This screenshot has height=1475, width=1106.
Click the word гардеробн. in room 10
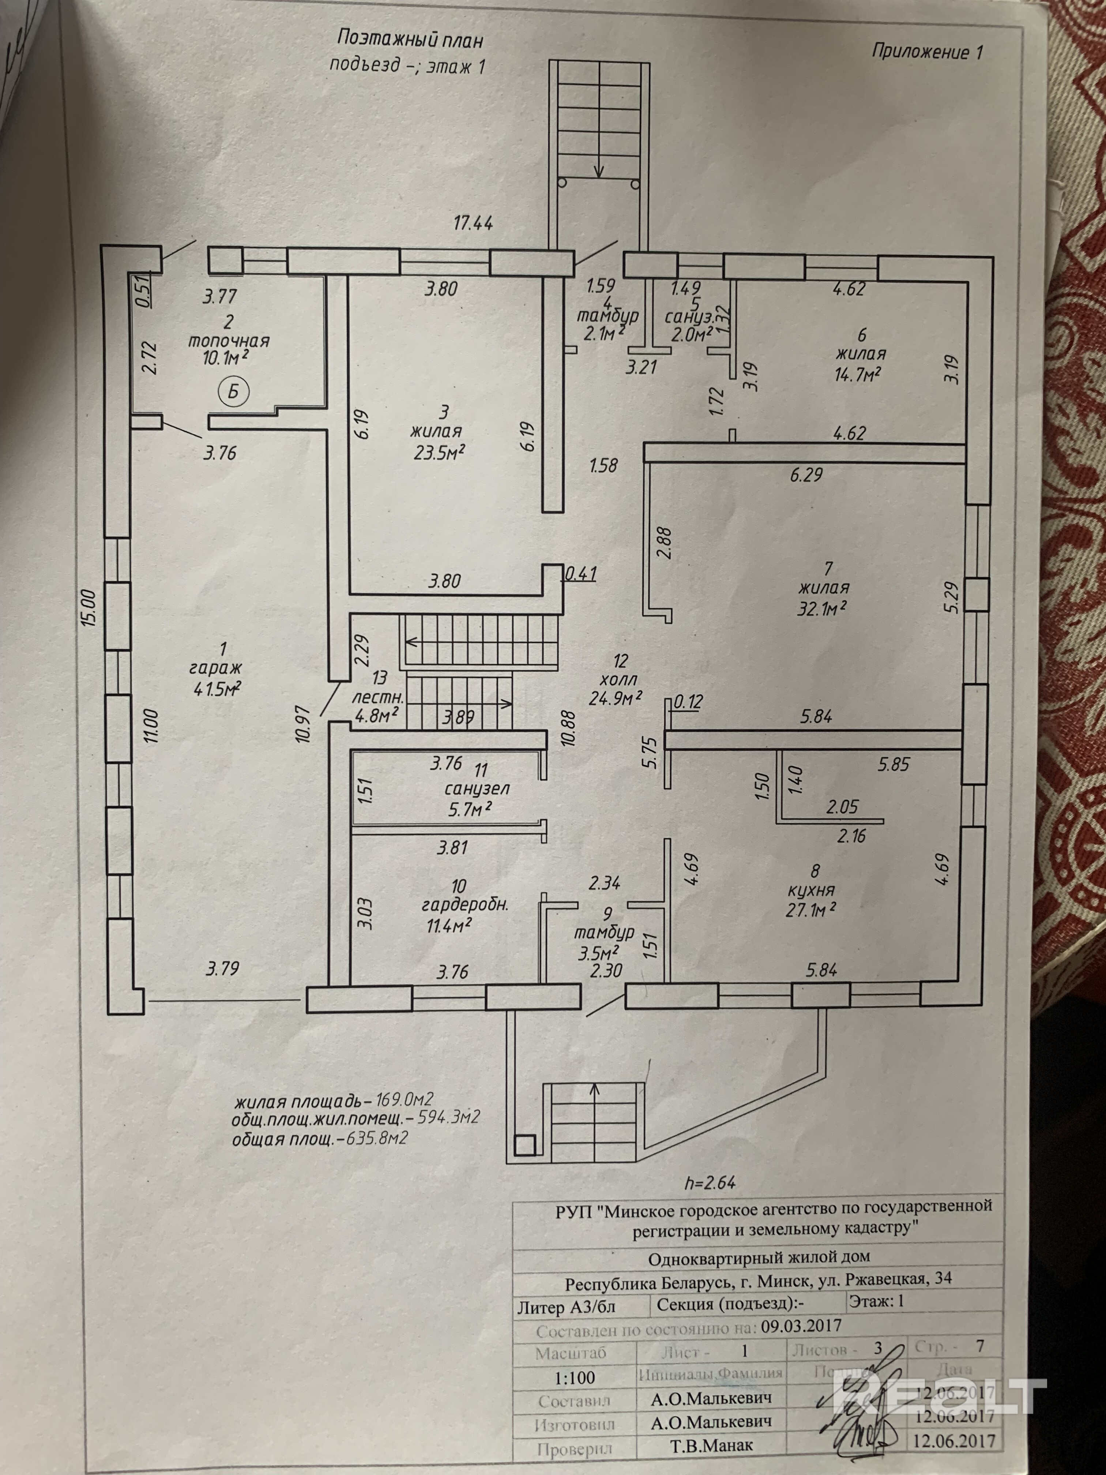pos(465,905)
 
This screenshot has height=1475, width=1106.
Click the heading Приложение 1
pos(927,52)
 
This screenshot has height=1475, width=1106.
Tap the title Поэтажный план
pos(410,39)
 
